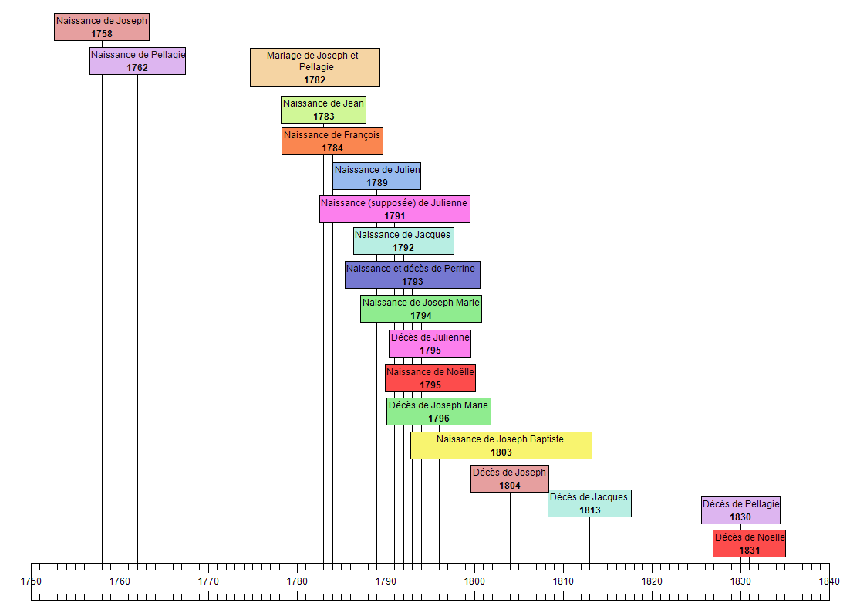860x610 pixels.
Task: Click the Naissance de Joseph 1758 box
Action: point(102,27)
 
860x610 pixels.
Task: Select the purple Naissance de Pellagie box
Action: point(137,61)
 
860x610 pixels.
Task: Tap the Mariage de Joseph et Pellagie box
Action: point(315,67)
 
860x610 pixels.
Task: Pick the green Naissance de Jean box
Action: point(323,110)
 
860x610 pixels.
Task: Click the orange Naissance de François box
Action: point(332,141)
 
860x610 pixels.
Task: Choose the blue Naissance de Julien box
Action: point(376,176)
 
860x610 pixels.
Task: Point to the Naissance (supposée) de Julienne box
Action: point(394,209)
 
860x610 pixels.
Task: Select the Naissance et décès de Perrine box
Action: point(412,275)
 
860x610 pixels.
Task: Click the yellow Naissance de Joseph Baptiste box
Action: point(501,446)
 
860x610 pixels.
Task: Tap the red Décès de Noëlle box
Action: point(749,544)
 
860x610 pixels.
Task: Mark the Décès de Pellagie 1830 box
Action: point(740,510)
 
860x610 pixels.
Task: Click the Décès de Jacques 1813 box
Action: point(589,503)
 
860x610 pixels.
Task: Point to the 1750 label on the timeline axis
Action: point(31,581)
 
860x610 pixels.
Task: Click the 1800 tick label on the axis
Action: point(474,581)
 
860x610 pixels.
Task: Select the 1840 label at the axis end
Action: point(829,581)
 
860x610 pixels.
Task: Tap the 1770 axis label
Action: point(208,581)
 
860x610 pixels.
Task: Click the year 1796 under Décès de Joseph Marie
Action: point(439,419)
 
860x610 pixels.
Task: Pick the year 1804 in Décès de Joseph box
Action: point(510,486)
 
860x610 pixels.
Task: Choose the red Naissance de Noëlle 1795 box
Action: point(430,378)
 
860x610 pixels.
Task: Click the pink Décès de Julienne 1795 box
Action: point(430,344)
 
